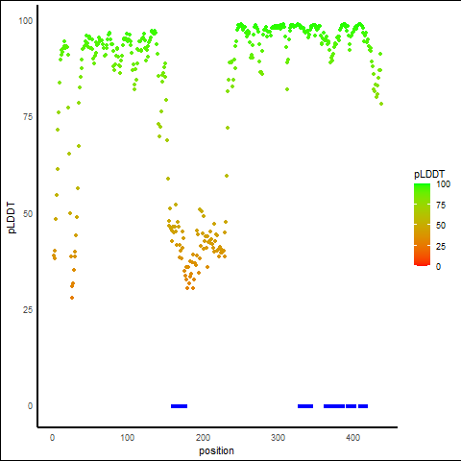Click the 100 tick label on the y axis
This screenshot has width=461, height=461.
click(x=26, y=21)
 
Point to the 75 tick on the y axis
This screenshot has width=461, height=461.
click(x=28, y=117)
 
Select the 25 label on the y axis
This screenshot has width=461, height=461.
click(x=28, y=310)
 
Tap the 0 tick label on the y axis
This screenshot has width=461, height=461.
click(x=30, y=406)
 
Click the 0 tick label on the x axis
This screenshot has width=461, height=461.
click(x=52, y=438)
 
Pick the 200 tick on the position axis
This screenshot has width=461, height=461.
click(x=203, y=438)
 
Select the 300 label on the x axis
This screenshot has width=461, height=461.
click(x=278, y=438)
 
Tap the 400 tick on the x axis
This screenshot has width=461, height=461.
click(x=353, y=438)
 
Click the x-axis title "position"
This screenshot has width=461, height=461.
click(x=216, y=451)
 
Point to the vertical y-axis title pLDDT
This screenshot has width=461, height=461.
click(x=12, y=218)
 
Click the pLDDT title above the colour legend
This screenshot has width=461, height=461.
click(x=429, y=175)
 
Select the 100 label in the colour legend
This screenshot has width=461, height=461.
click(x=444, y=184)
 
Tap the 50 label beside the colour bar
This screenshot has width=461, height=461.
click(x=441, y=226)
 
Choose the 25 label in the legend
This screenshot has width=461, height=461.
click(x=441, y=246)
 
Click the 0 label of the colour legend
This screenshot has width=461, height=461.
click(x=438, y=267)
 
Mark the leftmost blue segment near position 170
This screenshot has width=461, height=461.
click(x=180, y=406)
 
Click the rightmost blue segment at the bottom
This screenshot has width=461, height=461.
click(x=363, y=406)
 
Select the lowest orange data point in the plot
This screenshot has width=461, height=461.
click(x=72, y=298)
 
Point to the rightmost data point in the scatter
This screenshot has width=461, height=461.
click(x=381, y=104)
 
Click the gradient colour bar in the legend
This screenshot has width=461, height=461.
click(x=422, y=225)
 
